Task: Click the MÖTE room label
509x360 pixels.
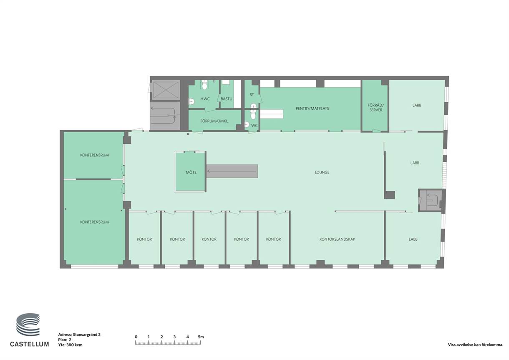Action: pyautogui.click(x=191, y=172)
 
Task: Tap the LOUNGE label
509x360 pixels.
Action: pyautogui.click(x=322, y=172)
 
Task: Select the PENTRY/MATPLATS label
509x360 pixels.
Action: pyautogui.click(x=312, y=108)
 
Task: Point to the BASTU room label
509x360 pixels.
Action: pyautogui.click(x=226, y=99)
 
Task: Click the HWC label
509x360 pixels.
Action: pyautogui.click(x=205, y=99)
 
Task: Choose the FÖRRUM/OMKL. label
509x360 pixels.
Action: pyautogui.click(x=214, y=121)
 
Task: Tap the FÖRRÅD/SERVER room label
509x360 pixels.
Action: pyautogui.click(x=376, y=108)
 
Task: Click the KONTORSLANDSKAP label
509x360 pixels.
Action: pyautogui.click(x=337, y=239)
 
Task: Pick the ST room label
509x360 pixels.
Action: pyautogui.click(x=252, y=95)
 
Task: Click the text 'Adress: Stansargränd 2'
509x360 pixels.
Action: pyautogui.click(x=79, y=335)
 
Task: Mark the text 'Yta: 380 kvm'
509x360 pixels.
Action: pyautogui.click(x=70, y=345)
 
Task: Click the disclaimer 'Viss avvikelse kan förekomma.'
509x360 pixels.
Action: pyautogui.click(x=476, y=345)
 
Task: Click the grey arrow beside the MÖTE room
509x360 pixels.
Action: pyautogui.click(x=232, y=171)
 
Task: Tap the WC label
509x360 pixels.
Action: pyautogui.click(x=254, y=126)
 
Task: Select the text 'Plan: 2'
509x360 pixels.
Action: pyautogui.click(x=65, y=340)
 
